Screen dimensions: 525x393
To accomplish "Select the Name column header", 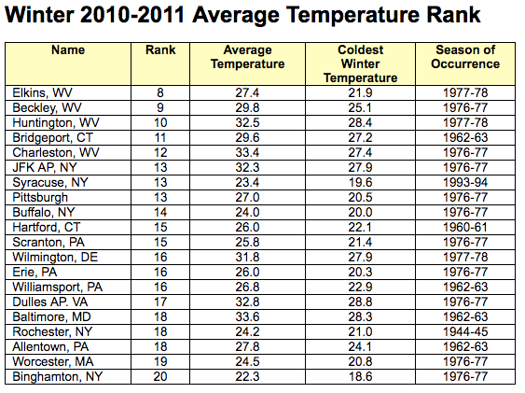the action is [68, 49].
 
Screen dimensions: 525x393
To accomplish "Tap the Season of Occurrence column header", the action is [465, 57].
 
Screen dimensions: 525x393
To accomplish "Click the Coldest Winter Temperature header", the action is [360, 63].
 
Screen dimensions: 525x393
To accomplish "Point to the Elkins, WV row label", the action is [43, 92].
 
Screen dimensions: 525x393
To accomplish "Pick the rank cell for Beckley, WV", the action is [160, 108].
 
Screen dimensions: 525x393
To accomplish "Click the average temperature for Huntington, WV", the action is [247, 122].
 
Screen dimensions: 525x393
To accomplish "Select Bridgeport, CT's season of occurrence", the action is [465, 138].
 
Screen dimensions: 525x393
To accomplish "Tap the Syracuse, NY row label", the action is [50, 183].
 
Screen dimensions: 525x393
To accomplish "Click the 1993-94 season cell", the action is [465, 183].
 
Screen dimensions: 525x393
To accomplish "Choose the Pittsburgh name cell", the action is [40, 198].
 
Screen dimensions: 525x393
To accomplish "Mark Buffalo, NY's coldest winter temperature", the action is [360, 213].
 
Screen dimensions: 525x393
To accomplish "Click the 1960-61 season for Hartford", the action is [465, 228].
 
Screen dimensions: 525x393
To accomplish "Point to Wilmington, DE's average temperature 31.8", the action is [247, 258].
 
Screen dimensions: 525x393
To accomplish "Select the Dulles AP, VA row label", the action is [50, 302].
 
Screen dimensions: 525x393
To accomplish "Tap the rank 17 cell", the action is [160, 302].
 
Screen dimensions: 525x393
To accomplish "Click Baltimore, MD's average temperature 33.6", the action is [247, 317].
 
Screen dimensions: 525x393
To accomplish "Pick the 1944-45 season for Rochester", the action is [465, 332].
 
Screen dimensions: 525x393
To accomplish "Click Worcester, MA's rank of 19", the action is [160, 362].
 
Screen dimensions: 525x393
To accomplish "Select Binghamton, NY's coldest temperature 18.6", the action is [360, 376].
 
